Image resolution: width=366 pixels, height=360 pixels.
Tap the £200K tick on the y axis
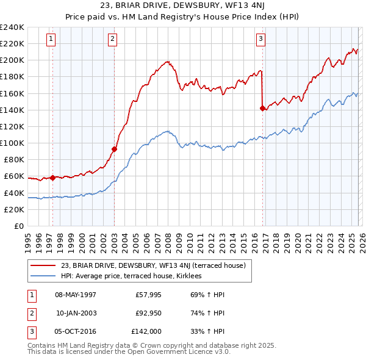[x=12, y=60]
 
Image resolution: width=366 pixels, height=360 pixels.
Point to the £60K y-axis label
[x=14, y=176]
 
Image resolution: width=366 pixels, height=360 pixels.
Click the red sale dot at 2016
[x=262, y=109]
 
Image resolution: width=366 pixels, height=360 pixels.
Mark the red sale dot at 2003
[x=115, y=148]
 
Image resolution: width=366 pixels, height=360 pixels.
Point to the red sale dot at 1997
[x=52, y=178]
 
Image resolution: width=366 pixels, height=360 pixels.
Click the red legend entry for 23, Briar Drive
[x=152, y=265]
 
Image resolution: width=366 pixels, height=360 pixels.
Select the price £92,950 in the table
[x=148, y=313]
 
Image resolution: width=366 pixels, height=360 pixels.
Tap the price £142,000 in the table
[x=146, y=331]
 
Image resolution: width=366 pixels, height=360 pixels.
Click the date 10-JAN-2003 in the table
[x=76, y=313]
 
